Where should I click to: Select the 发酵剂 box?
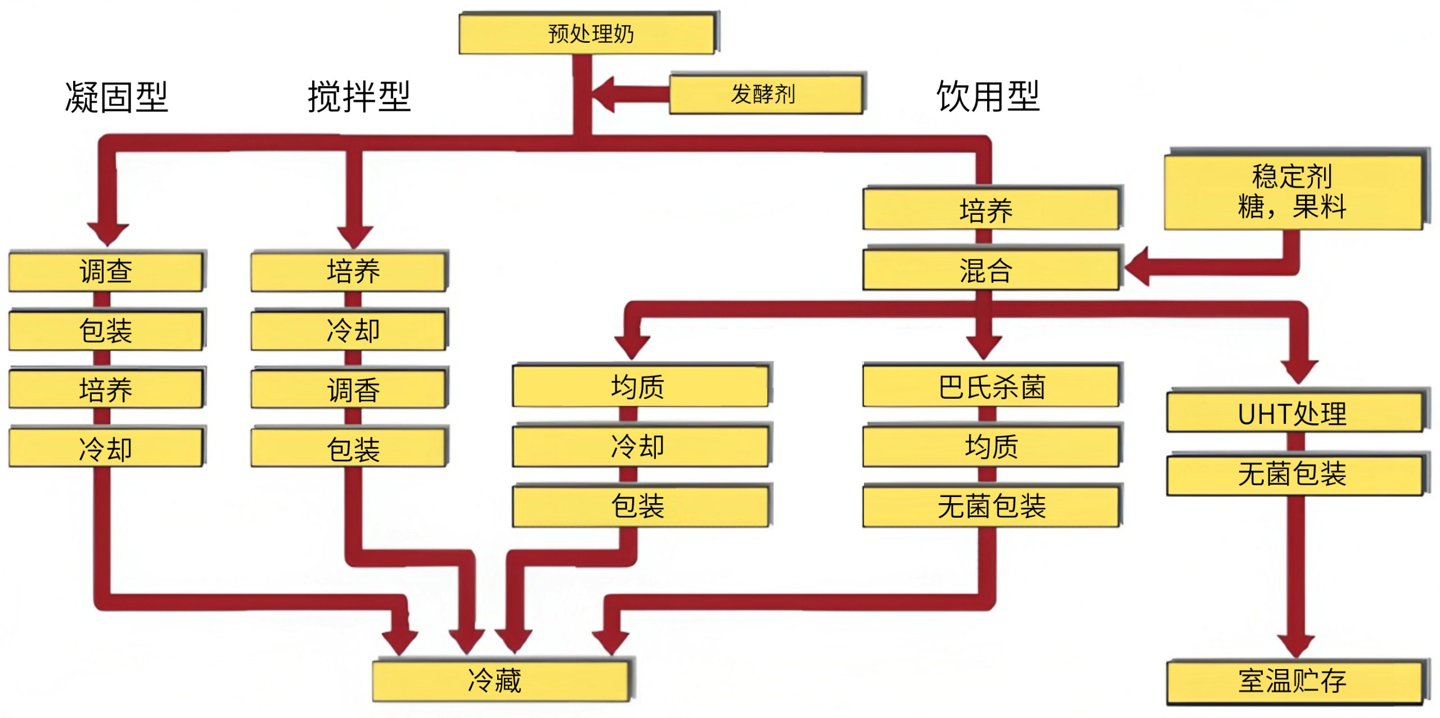pyautogui.click(x=765, y=94)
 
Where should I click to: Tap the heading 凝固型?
pyautogui.click(x=116, y=97)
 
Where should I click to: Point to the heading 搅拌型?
pyautogui.click(x=359, y=97)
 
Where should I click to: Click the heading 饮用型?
pyautogui.click(x=988, y=97)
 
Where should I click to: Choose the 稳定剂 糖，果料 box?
pyautogui.click(x=1293, y=191)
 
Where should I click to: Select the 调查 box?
pyautogui.click(x=106, y=272)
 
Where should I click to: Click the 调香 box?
pyautogui.click(x=349, y=389)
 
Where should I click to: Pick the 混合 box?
pyautogui.click(x=990, y=270)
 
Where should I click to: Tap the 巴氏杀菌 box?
pyautogui.click(x=991, y=387)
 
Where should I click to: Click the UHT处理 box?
pyautogui.click(x=1294, y=413)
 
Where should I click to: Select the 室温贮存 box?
pyautogui.click(x=1294, y=681)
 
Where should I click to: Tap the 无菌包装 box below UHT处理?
pyautogui.click(x=1294, y=473)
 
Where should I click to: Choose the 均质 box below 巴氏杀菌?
pyautogui.click(x=991, y=446)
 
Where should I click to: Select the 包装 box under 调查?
pyautogui.click(x=106, y=331)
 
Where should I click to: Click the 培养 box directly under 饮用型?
pyautogui.click(x=990, y=210)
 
